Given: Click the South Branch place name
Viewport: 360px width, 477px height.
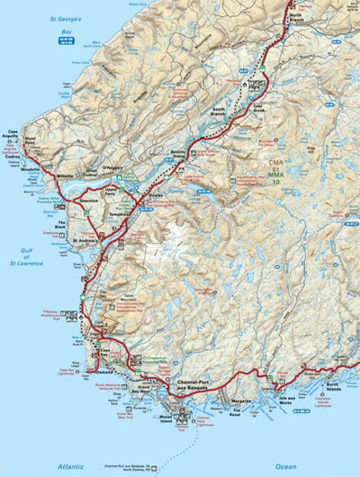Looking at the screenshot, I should tap(219, 112).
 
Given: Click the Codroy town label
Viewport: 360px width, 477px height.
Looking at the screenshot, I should tap(13, 154).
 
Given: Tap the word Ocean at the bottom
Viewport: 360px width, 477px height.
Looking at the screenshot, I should tap(285, 466).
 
